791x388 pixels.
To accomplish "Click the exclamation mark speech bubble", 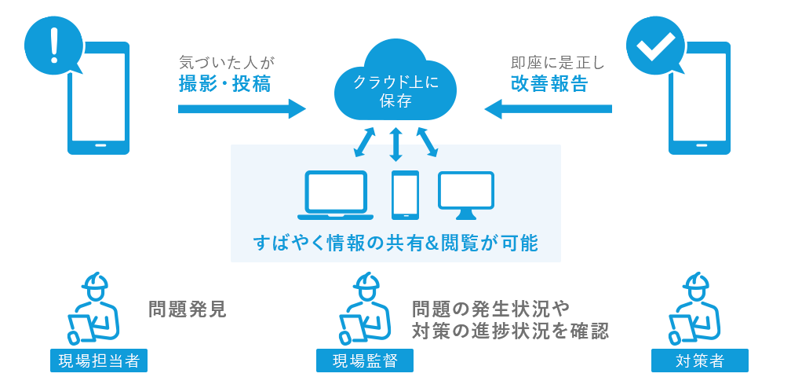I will [x=53, y=45].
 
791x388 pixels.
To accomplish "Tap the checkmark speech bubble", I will [x=654, y=46].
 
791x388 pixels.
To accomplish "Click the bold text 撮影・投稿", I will [x=225, y=84].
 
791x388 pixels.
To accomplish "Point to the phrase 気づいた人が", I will [x=228, y=62].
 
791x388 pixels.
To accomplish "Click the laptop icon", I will [x=335, y=195].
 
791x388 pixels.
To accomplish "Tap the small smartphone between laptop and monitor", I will [x=405, y=195].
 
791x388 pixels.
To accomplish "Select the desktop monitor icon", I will [x=466, y=194].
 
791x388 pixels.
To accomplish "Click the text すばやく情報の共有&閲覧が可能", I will [x=395, y=243].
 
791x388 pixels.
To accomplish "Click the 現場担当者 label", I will [x=98, y=361].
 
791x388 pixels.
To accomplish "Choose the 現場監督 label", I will [x=364, y=361].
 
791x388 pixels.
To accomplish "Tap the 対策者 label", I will [x=699, y=361].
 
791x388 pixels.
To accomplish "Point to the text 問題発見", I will [x=188, y=309].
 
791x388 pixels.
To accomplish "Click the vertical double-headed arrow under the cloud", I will [x=396, y=144].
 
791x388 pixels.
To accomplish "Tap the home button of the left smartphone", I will [x=99, y=147].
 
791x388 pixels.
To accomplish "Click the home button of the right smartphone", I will [x=698, y=147].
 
